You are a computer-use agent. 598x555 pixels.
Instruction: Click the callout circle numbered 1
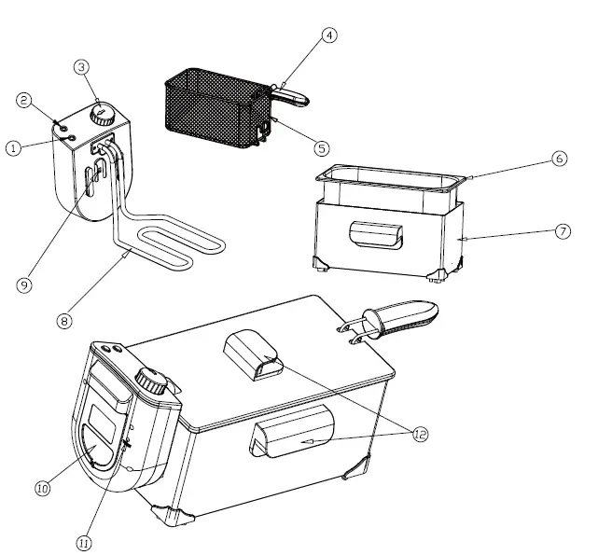tap(13, 148)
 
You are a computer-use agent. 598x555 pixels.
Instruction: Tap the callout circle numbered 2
tap(25, 99)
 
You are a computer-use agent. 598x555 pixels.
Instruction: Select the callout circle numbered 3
tap(82, 67)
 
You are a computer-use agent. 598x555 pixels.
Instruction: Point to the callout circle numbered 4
tap(328, 35)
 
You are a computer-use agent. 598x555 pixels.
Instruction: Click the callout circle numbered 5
tap(322, 147)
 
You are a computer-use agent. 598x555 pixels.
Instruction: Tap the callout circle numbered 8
tap(63, 321)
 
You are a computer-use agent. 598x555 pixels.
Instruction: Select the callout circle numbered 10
tap(42, 487)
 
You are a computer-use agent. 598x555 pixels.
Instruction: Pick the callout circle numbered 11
tap(86, 542)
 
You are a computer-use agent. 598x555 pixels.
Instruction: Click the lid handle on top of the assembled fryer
tap(255, 355)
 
